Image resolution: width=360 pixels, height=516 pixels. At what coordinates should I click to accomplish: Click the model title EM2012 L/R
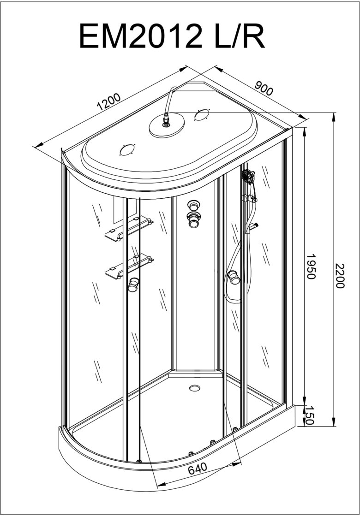pos(172,36)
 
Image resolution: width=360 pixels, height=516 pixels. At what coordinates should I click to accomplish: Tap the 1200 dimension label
pos(109,101)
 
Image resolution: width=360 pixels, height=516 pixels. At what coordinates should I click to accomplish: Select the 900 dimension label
pos(264,88)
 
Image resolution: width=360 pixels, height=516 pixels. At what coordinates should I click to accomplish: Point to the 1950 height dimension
pos(311,266)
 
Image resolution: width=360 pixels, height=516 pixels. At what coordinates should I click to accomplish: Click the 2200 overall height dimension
pos(340,275)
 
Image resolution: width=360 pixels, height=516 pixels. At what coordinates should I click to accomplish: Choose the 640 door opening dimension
pos(198,469)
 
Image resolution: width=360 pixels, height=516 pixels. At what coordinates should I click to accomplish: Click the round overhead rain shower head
pos(167,126)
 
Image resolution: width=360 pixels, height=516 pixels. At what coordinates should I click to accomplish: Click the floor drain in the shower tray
pos(195,388)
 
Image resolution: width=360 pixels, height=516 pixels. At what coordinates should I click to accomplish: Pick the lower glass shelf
pos(129,266)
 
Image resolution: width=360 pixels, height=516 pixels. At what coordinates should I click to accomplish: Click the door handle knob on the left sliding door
pos(133,285)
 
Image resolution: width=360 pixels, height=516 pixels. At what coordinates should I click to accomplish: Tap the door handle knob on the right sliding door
pos(234,277)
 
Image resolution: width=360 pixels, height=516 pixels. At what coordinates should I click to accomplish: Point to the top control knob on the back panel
pos(192,205)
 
